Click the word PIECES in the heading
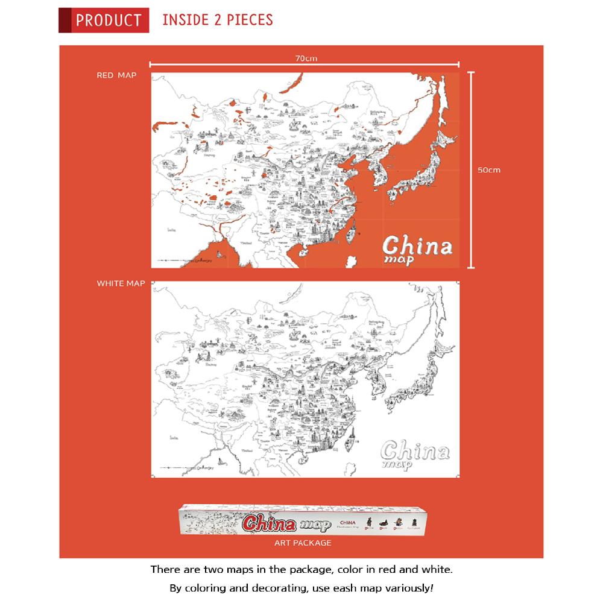(x=249, y=20)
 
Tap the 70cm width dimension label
(x=306, y=58)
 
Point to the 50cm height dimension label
(x=489, y=170)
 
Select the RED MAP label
(x=116, y=75)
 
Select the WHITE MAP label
(x=121, y=283)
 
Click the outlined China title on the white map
(x=415, y=453)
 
